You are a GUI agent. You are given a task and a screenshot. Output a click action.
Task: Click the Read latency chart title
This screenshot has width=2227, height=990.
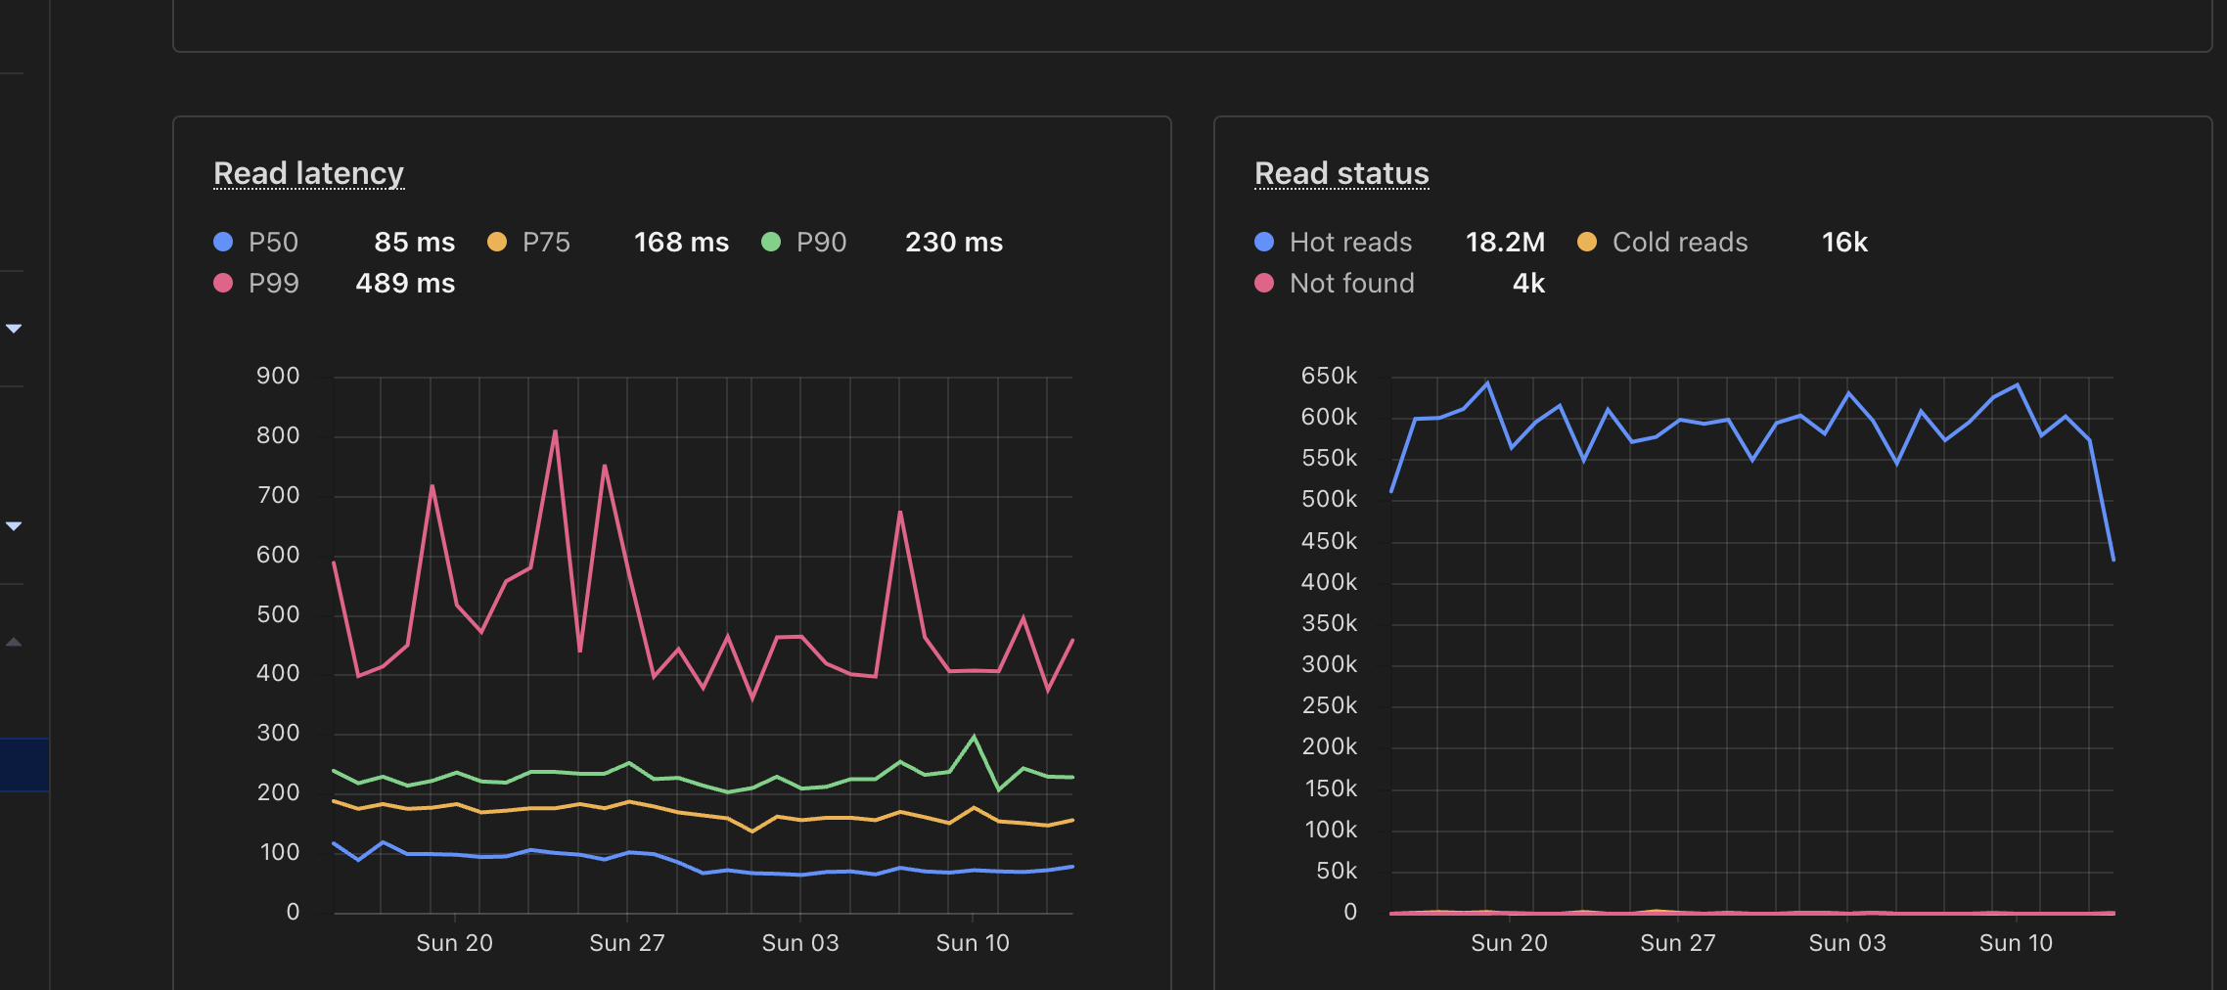pos(308,173)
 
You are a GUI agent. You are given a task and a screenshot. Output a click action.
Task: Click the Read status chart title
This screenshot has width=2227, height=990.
pos(1341,173)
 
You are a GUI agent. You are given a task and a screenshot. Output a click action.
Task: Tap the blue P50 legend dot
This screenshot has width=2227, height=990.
pos(223,242)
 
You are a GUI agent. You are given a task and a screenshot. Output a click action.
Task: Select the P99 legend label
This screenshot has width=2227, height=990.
pos(273,284)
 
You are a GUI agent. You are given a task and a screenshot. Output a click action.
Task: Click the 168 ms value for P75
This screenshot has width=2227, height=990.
pos(681,243)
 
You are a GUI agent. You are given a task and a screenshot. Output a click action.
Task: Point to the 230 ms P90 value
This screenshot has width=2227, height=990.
pos(953,243)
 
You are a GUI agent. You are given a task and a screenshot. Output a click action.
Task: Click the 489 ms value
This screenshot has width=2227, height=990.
pos(405,284)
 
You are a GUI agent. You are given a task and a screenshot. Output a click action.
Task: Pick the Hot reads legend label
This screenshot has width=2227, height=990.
pos(1350,243)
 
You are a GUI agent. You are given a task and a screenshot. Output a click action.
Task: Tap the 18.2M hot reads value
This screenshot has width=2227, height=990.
pos(1505,243)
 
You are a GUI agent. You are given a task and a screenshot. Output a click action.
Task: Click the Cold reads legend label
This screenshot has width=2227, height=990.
pos(1679,243)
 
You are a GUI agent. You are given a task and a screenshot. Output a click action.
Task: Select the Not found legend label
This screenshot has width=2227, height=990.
pos(1351,284)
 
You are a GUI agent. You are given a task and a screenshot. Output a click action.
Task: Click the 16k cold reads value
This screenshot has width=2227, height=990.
pos(1844,243)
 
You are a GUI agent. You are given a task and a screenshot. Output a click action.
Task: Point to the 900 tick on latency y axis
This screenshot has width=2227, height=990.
pos(278,377)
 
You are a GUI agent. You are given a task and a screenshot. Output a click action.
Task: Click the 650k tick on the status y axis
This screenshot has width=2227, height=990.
pos(1329,377)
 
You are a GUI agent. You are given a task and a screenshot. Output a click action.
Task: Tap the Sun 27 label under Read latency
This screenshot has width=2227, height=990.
pos(626,943)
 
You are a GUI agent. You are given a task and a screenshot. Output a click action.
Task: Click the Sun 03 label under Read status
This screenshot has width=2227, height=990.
pos(1846,943)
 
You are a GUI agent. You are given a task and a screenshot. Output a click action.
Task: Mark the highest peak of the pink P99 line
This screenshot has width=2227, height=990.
pos(556,431)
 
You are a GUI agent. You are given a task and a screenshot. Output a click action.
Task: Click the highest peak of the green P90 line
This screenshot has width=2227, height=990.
pos(974,737)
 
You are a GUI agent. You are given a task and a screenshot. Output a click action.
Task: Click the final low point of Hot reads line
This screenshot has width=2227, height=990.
pos(2113,560)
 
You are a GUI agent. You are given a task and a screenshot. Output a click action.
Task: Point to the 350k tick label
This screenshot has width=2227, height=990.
pos(1329,624)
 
